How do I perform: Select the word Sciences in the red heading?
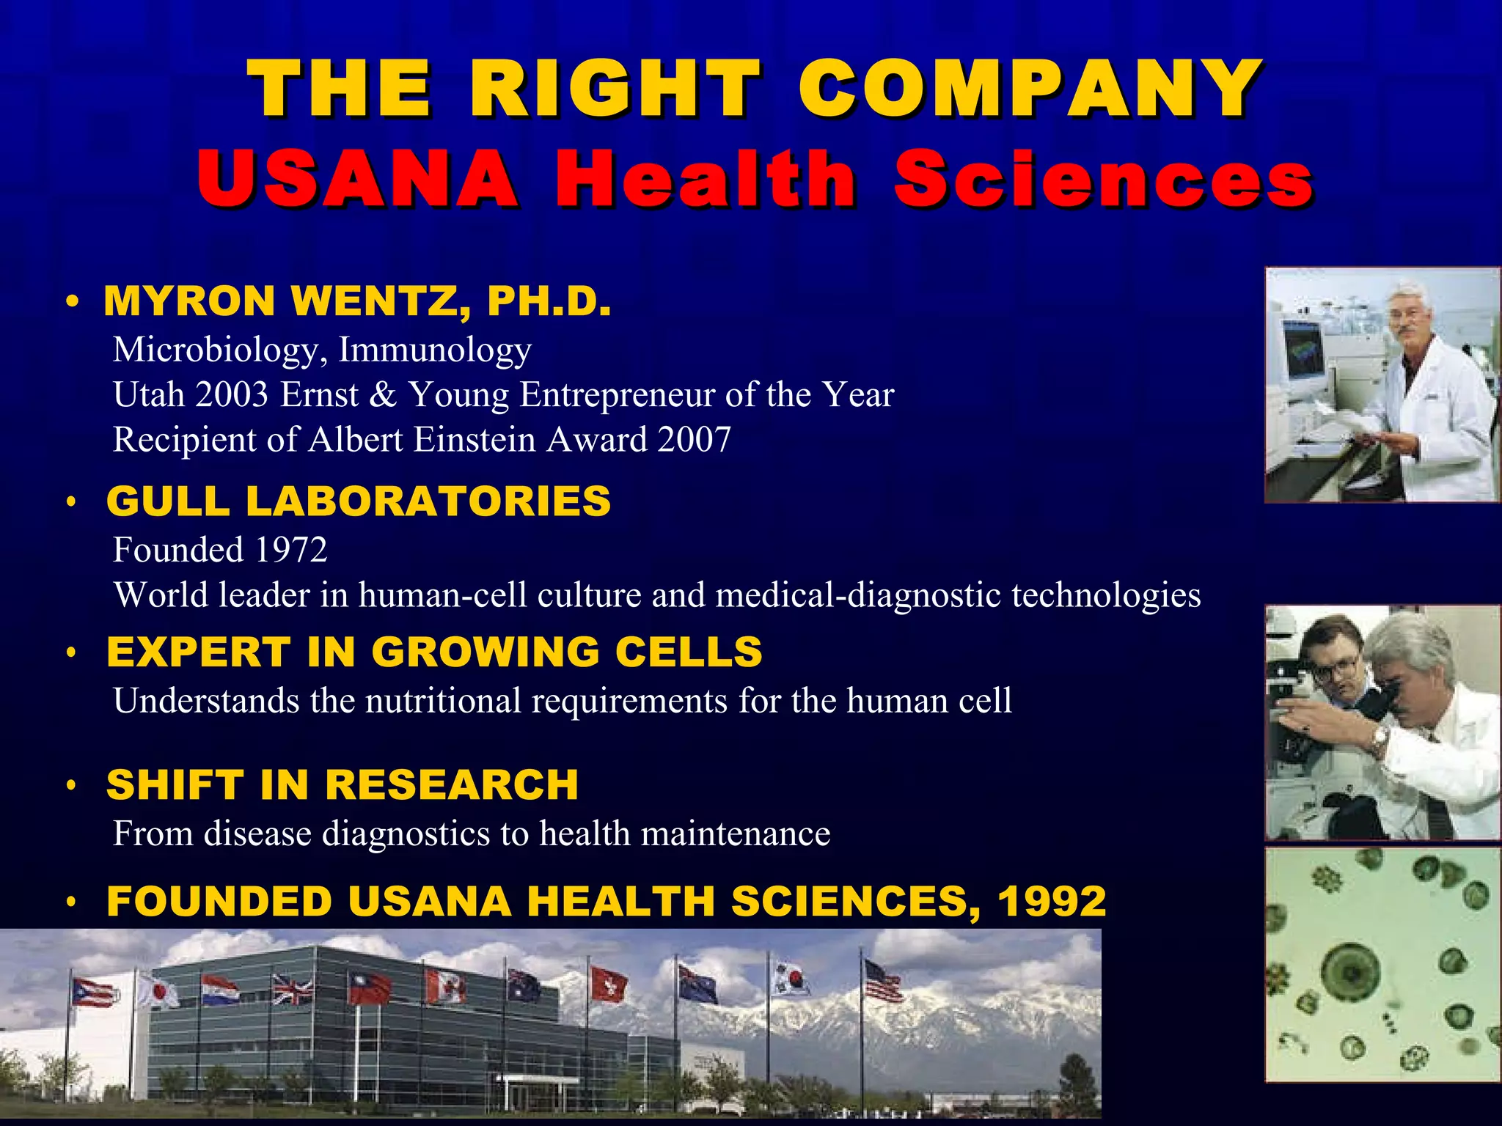point(1103,179)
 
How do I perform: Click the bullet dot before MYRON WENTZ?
point(72,302)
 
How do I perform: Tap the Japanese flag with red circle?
point(158,991)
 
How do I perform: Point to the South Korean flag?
point(788,979)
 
